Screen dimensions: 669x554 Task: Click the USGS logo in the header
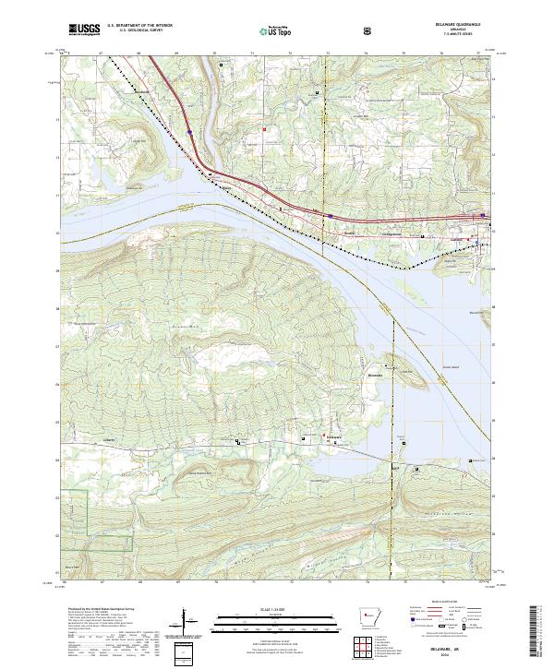coord(84,30)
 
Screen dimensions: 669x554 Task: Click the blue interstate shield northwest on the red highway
coord(189,133)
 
